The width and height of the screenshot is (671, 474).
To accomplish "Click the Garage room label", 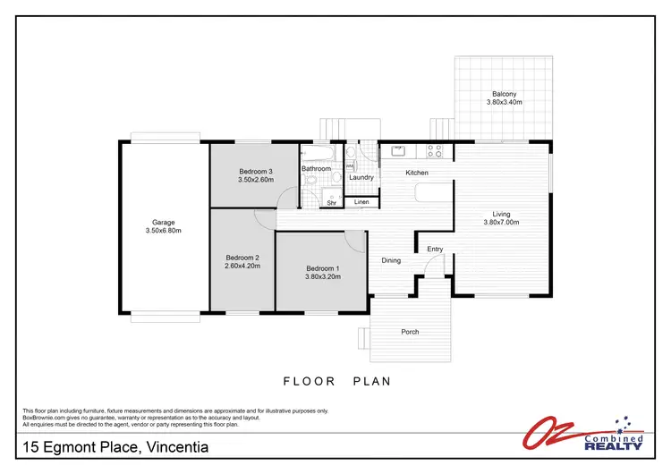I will point(163,223).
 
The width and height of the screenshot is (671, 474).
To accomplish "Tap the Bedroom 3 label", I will point(255,171).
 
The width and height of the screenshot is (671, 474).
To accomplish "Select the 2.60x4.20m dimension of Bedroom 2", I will point(242,266).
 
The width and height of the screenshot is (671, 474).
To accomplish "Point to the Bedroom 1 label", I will point(322,268).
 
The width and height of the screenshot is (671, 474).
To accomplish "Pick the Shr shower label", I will point(331,203).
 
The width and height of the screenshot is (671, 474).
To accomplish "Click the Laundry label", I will point(361,177).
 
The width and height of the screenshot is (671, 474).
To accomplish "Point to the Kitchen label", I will point(417,173).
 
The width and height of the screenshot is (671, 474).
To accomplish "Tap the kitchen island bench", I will point(432,194).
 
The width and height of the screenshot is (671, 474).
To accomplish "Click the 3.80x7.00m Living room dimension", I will point(501,223).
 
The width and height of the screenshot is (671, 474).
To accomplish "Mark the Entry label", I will point(435,250).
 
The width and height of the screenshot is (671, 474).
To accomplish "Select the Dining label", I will point(391,261).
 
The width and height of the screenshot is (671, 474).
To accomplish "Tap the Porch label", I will point(410,332).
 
